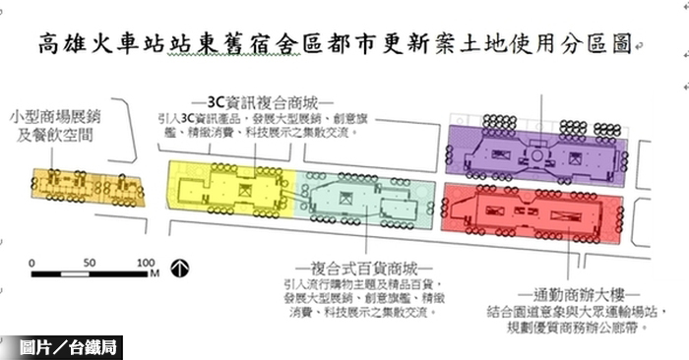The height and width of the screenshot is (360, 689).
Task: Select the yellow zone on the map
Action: pyautogui.click(x=232, y=186)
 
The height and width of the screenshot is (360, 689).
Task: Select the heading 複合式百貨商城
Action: pyautogui.click(x=363, y=267)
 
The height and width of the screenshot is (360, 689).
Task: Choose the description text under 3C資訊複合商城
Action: pyautogui.click(x=257, y=125)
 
